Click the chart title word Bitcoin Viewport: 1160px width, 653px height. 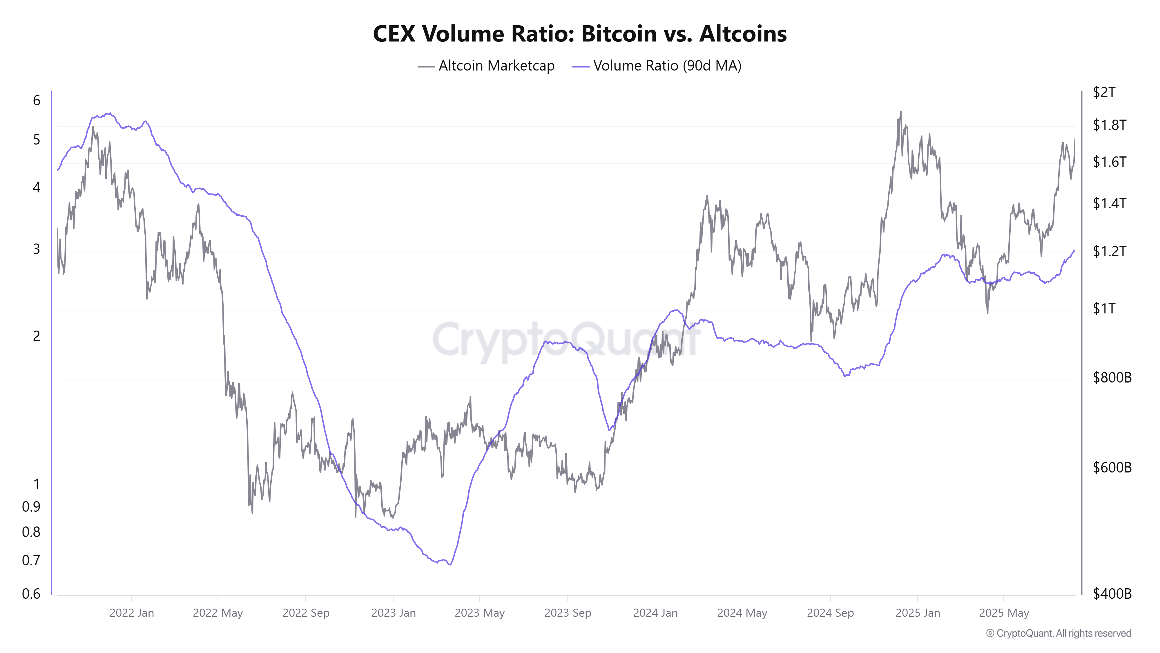coord(619,34)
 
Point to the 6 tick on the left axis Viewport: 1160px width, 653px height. coord(37,100)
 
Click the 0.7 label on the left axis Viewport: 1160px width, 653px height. coord(31,560)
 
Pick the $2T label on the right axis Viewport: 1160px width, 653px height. coord(1104,92)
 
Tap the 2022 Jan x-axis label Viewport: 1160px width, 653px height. coord(131,613)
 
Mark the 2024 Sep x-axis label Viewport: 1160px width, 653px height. coord(830,613)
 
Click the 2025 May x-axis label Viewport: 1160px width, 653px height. coord(1004,613)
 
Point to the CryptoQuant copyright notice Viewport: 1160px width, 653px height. coord(1058,633)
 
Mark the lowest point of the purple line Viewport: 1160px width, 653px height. coord(450,564)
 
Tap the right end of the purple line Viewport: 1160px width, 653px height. coord(1074,250)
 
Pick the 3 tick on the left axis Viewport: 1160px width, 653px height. coord(37,249)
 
